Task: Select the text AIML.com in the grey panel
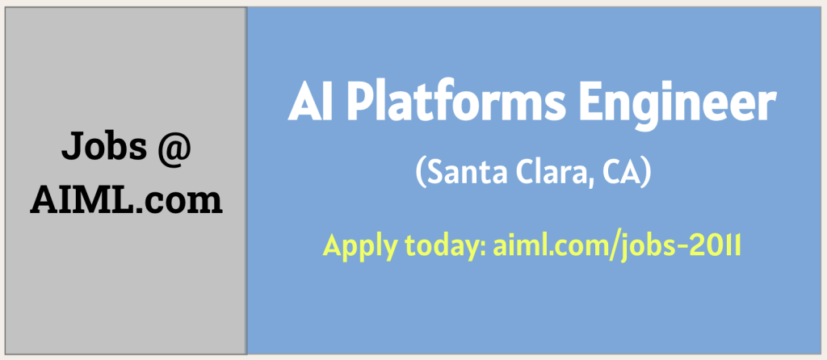click(126, 200)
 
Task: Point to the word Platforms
click(457, 103)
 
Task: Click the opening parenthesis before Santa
click(421, 173)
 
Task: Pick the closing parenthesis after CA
click(647, 173)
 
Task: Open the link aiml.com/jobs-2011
click(617, 247)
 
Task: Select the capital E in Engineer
click(592, 103)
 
